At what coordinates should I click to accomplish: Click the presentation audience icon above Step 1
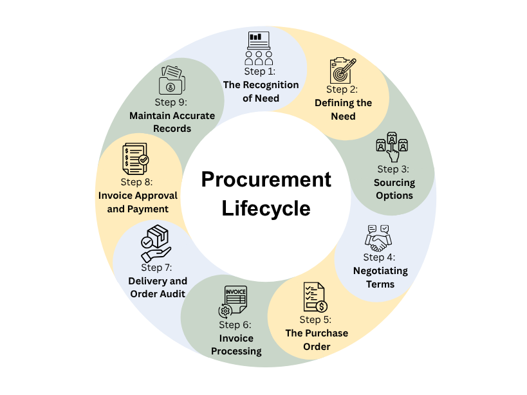click(259, 48)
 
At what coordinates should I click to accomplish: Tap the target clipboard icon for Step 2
click(342, 70)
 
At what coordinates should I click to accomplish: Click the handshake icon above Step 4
click(378, 239)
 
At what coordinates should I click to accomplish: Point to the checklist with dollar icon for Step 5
click(315, 297)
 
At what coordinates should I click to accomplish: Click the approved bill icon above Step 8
click(135, 158)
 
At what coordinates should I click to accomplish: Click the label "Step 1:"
click(260, 71)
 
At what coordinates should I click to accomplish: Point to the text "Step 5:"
click(315, 320)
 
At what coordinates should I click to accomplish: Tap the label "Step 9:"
click(171, 102)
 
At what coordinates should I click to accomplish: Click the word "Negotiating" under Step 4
click(380, 271)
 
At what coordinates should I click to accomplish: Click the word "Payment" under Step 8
click(147, 209)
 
